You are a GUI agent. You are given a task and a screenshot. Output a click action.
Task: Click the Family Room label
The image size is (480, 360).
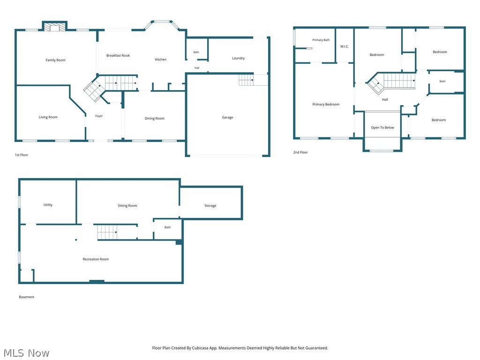click(x=55, y=60)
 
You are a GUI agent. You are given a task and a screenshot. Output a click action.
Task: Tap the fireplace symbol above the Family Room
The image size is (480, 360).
click(x=54, y=27)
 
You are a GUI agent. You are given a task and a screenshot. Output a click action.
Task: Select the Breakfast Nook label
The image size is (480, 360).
click(x=118, y=55)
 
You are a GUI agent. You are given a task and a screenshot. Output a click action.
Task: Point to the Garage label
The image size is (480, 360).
click(x=227, y=117)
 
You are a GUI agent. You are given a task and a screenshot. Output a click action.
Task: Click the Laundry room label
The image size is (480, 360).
click(x=238, y=58)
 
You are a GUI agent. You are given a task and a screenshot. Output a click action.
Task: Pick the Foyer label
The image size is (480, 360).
click(x=99, y=116)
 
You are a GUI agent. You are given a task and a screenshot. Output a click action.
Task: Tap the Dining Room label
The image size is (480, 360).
click(x=155, y=119)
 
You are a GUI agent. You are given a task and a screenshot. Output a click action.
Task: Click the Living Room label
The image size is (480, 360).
click(x=48, y=117)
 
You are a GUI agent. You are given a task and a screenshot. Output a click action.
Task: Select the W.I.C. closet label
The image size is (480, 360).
click(x=345, y=46)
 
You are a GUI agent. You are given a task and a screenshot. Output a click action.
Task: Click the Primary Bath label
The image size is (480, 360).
click(x=321, y=40)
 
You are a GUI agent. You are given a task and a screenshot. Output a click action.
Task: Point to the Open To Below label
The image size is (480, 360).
click(x=382, y=127)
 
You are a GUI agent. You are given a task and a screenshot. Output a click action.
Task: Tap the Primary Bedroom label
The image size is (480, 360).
click(x=326, y=105)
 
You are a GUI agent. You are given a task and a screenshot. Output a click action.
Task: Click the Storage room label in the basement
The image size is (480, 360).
click(x=210, y=206)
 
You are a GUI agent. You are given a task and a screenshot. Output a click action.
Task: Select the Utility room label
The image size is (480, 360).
click(x=48, y=205)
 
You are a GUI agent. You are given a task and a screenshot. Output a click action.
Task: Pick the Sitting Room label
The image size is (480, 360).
click(x=127, y=206)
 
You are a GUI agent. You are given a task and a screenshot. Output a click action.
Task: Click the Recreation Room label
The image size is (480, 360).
click(x=96, y=259)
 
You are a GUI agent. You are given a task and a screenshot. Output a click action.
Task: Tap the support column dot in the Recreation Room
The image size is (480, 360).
click(x=76, y=240)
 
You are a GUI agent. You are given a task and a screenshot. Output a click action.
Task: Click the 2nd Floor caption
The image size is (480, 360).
click(x=300, y=152)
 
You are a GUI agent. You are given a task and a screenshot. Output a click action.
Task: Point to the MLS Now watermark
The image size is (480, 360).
click(x=26, y=353)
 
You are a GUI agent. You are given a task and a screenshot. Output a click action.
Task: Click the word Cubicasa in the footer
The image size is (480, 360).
click(x=200, y=348)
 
